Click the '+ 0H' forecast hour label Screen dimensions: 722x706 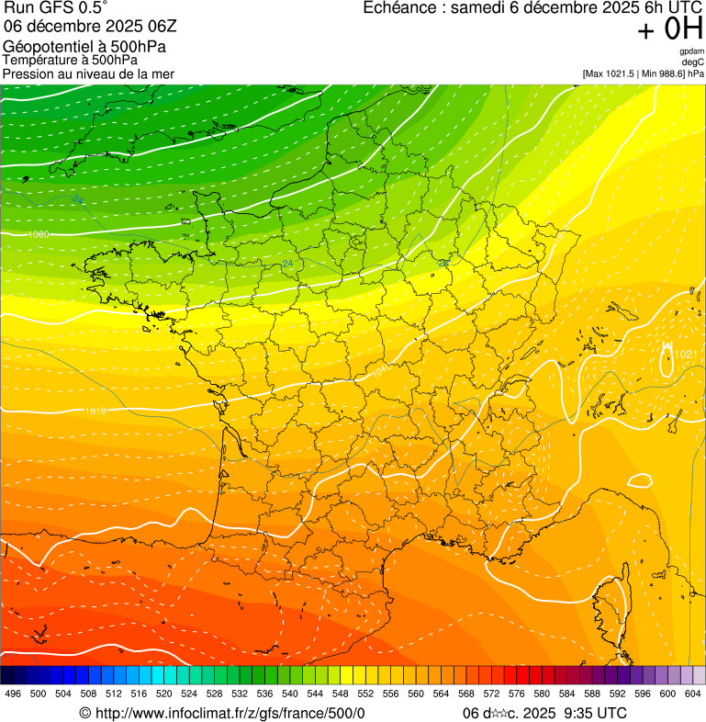670,30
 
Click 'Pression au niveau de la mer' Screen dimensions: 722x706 88,73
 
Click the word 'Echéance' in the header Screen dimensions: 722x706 397,8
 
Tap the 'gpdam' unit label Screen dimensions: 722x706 691,51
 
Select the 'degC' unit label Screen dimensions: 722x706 693,62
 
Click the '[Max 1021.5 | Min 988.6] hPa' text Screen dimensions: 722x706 643,73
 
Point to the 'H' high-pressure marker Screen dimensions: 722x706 667,346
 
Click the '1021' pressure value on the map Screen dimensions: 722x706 687,355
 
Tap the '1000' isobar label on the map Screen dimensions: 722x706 39,235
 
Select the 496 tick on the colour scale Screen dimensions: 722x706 13,694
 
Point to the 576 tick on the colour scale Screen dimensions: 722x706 517,694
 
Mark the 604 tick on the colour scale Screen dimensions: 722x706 692,694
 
